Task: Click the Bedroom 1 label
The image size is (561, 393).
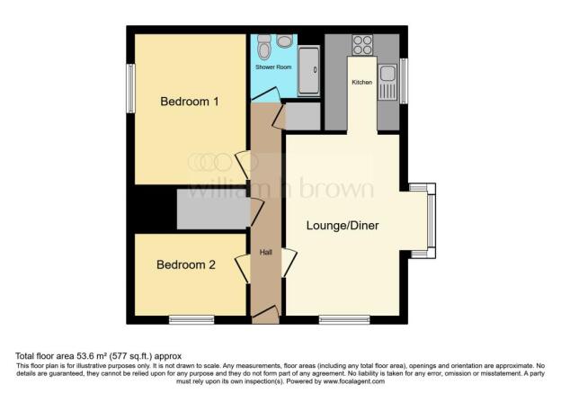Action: [x=190, y=102]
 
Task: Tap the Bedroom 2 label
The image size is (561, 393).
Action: [x=186, y=265]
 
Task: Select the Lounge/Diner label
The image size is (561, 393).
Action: [x=343, y=226]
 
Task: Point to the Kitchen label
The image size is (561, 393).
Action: [x=362, y=83]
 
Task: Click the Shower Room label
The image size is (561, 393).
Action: [x=273, y=67]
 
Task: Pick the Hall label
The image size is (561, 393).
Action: [x=266, y=253]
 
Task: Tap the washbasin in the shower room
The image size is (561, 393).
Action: [x=285, y=40]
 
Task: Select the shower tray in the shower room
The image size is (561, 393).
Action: [x=309, y=71]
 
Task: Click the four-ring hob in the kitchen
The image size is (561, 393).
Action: [x=362, y=45]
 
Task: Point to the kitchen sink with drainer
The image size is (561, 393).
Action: [x=387, y=82]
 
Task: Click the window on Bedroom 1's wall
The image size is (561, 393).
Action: [x=131, y=88]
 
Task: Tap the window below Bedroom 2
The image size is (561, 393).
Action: [x=191, y=319]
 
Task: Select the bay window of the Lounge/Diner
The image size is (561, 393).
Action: [x=432, y=221]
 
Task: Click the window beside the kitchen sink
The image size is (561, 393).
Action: [x=404, y=81]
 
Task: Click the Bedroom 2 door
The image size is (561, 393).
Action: [x=243, y=269]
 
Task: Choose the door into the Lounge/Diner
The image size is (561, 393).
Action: [x=289, y=263]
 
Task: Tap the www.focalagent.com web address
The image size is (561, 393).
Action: [x=354, y=381]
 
